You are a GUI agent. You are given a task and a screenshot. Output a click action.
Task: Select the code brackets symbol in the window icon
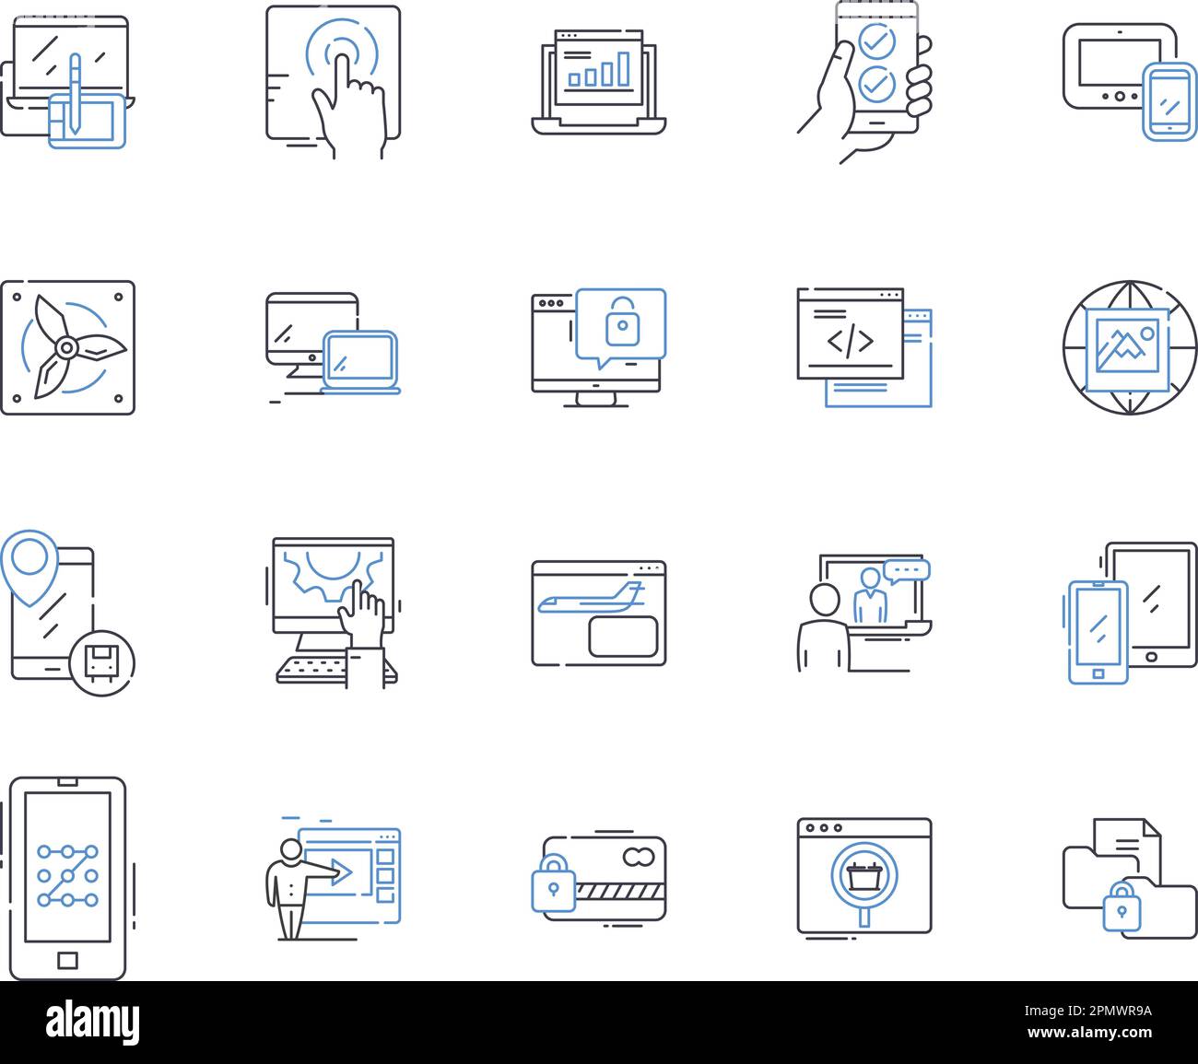pyautogui.click(x=850, y=342)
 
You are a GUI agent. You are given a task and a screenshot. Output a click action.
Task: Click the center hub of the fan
pyautogui.click(x=66, y=347)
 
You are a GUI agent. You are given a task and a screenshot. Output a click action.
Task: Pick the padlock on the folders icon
pyautogui.click(x=1120, y=906)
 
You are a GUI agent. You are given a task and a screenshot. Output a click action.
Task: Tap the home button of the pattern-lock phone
pyautogui.click(x=67, y=961)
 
